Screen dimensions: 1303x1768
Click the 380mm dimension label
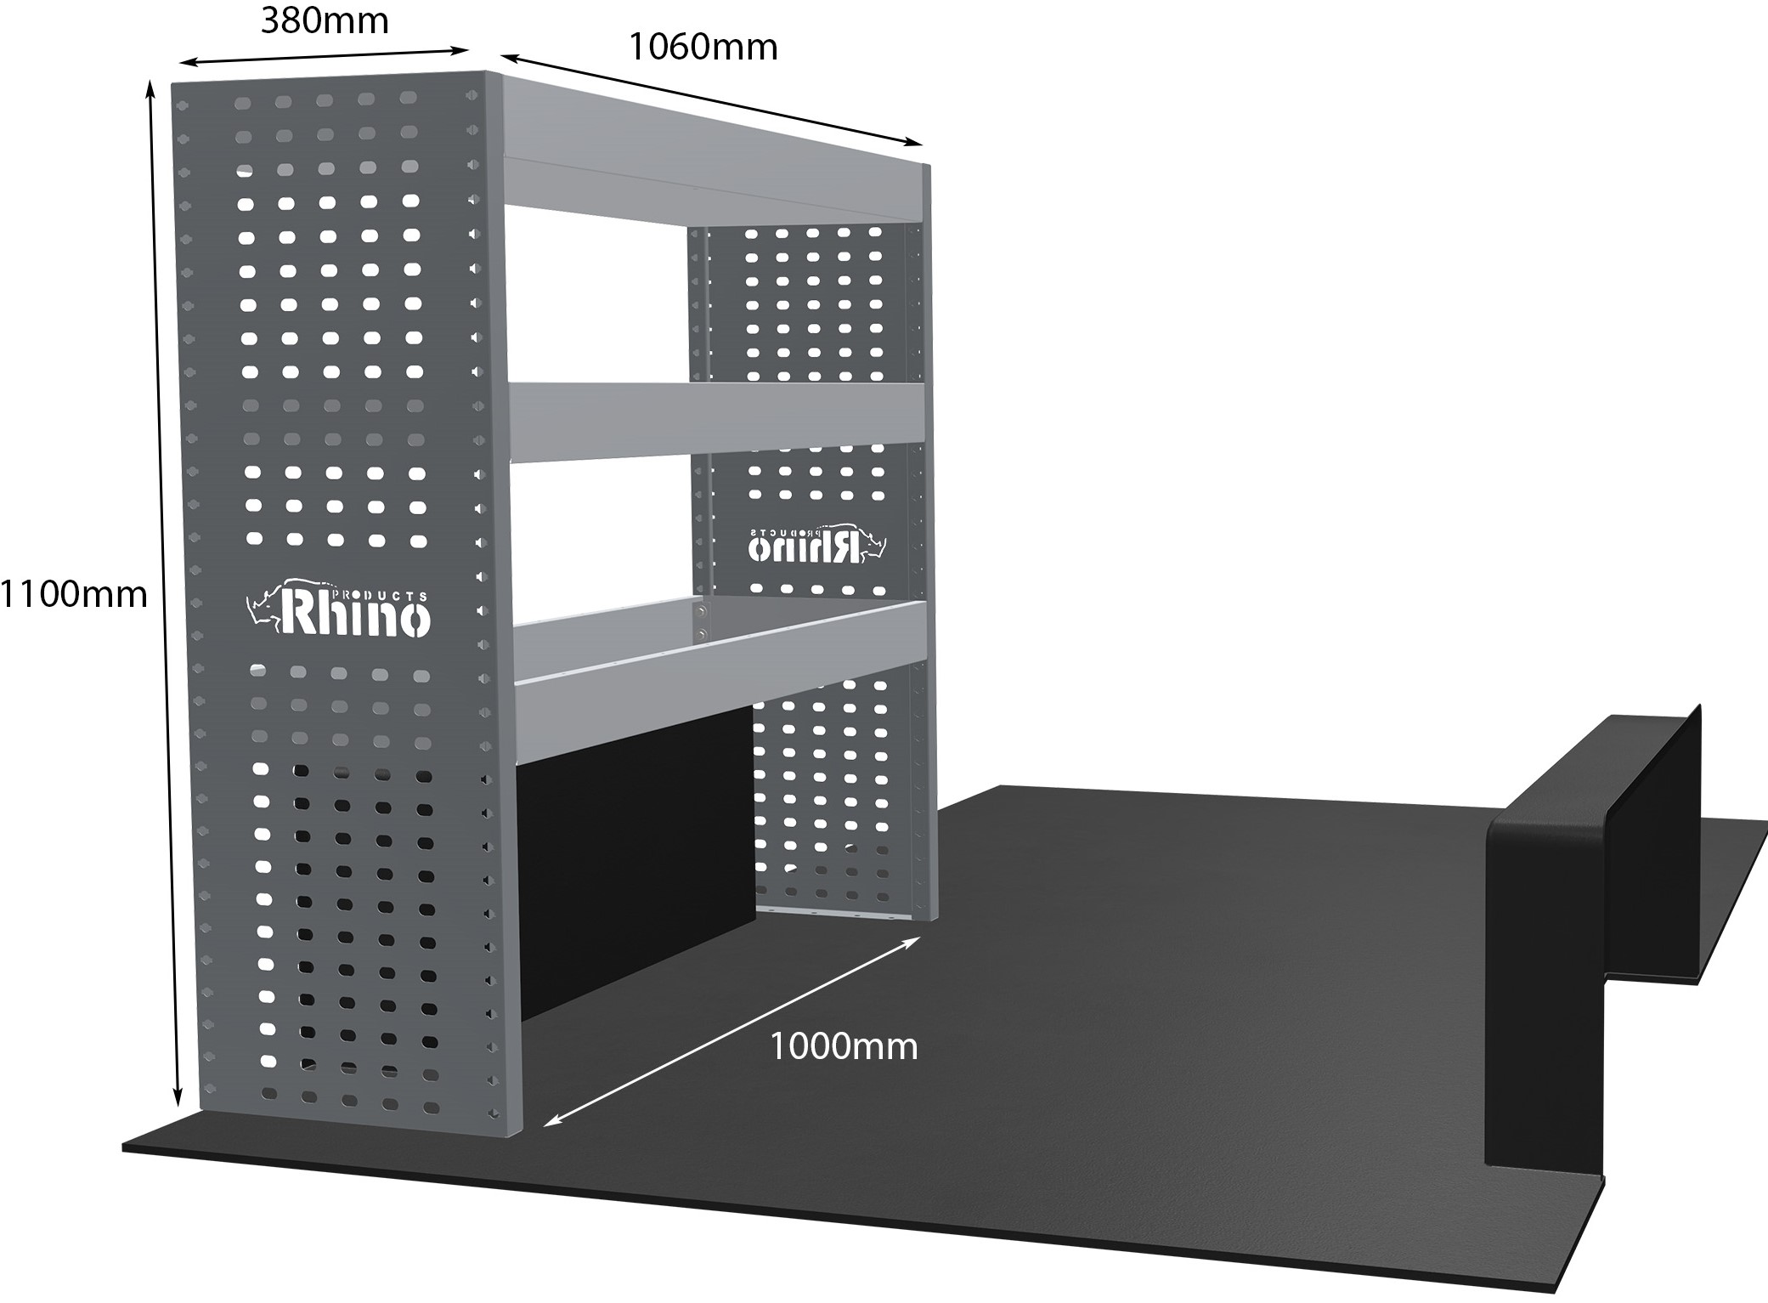pyautogui.click(x=325, y=20)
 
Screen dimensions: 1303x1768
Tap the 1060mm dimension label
pyautogui.click(x=703, y=47)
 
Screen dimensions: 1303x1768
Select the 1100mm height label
pyautogui.click(x=73, y=595)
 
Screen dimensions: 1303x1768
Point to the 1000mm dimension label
pyautogui.click(x=844, y=1046)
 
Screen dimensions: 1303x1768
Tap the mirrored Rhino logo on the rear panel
pyautogui.click(x=816, y=545)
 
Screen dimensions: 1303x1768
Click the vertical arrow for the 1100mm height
pyautogui.click(x=164, y=595)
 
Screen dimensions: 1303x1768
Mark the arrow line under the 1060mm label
pyautogui.click(x=711, y=99)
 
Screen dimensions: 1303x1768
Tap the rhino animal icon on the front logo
pyautogui.click(x=263, y=606)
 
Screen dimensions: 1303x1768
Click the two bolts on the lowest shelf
pyautogui.click(x=702, y=621)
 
